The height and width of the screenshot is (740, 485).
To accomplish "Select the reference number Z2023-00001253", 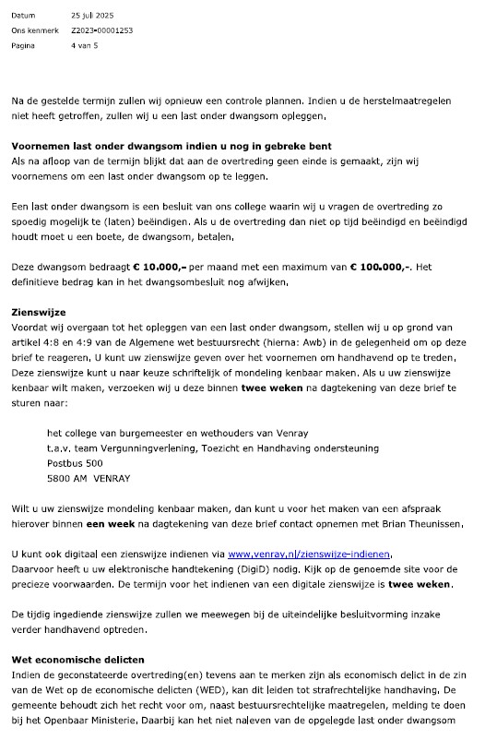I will click(x=102, y=30).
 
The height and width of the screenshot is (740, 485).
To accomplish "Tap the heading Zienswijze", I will click(x=37, y=313).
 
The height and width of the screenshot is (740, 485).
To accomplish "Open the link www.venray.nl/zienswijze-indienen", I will click(x=309, y=554).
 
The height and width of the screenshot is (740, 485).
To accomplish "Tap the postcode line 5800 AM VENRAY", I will click(x=89, y=478).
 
